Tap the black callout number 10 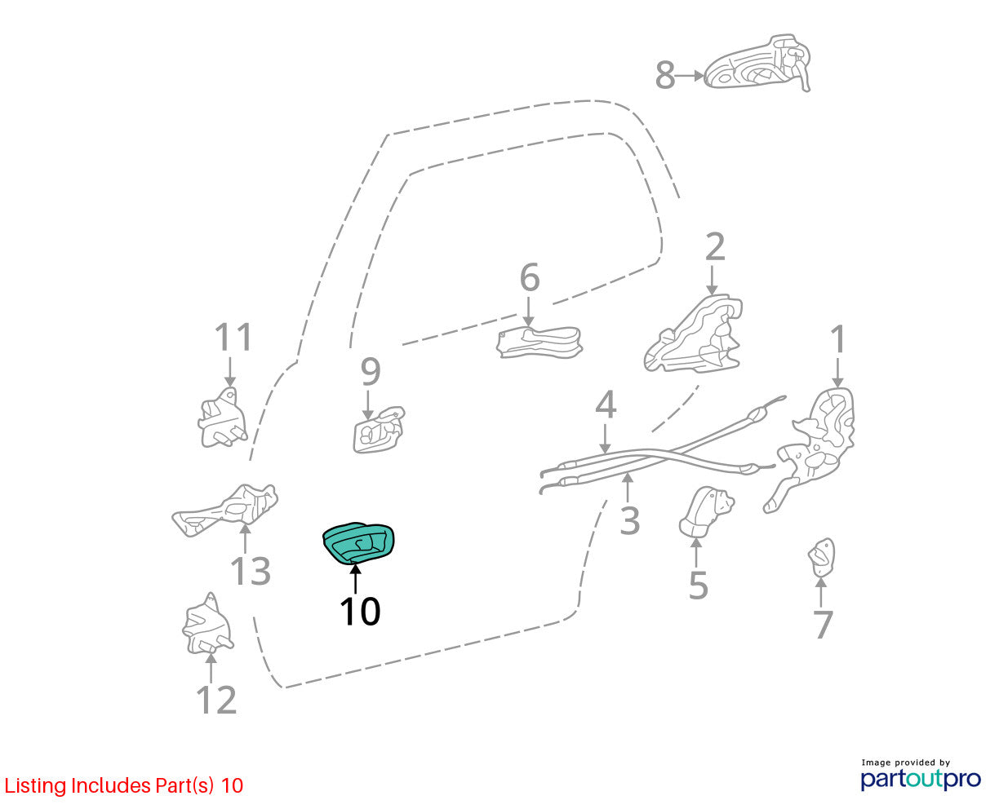(360, 611)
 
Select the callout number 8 (665, 76)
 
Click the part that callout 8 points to (757, 64)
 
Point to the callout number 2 (715, 247)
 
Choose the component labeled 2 (693, 334)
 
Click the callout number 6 (530, 277)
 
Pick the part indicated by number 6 (539, 343)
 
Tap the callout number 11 (233, 337)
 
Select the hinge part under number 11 (222, 418)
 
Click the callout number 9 (371, 372)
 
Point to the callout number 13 (251, 572)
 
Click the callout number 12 (216, 701)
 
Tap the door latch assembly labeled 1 (809, 450)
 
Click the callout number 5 (698, 586)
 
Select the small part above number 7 (821, 557)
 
